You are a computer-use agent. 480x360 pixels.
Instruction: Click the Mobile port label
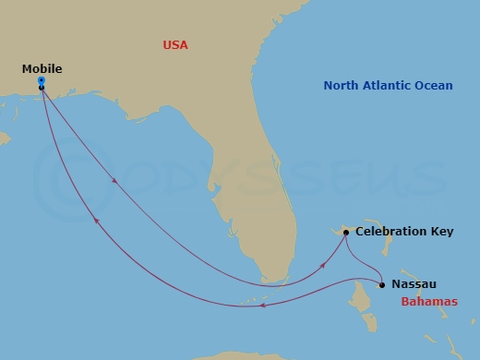click(x=43, y=68)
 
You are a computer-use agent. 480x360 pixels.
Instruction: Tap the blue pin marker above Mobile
click(x=42, y=81)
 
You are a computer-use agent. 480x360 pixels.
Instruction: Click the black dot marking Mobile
click(x=42, y=88)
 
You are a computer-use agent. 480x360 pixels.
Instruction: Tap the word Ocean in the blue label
click(x=436, y=86)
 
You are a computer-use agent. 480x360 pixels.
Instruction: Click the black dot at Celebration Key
click(x=345, y=233)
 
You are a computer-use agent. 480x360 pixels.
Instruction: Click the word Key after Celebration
click(x=442, y=232)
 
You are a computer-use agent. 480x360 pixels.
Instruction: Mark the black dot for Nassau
click(x=382, y=284)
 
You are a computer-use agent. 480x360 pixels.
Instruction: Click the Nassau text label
click(x=414, y=284)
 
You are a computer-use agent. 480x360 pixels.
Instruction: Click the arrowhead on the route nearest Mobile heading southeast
click(x=114, y=181)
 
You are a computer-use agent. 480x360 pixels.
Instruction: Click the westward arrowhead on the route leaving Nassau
click(x=264, y=306)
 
